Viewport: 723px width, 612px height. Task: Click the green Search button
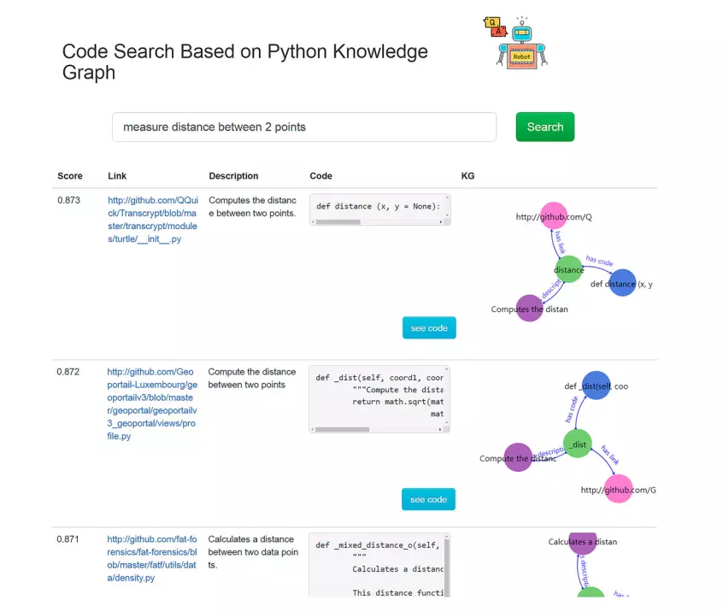[545, 127]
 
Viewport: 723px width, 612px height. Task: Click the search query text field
[304, 127]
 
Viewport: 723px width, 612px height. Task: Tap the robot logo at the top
[517, 43]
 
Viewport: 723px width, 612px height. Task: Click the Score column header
[70, 176]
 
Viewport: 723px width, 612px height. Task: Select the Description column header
[233, 176]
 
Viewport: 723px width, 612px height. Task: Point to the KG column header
[467, 176]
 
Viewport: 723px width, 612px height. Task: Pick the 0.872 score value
[68, 372]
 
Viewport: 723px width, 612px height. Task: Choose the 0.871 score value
[68, 539]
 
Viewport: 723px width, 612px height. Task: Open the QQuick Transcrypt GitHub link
[153, 220]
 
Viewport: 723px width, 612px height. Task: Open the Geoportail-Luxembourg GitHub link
[152, 403]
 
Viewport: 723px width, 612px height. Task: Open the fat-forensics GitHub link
[152, 558]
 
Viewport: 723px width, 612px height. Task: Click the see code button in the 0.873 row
[429, 328]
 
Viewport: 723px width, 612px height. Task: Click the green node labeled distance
[568, 269]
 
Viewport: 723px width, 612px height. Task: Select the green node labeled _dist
[578, 444]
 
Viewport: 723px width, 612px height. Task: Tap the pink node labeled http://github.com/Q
[554, 215]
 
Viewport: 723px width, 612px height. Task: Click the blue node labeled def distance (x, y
[623, 283]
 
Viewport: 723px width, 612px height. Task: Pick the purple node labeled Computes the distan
[530, 309]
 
